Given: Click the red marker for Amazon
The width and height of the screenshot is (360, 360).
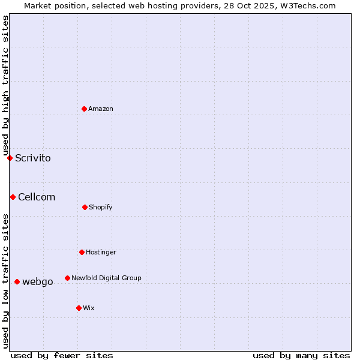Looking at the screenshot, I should pyautogui.click(x=85, y=109).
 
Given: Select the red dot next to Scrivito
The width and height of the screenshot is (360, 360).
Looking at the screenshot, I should pyautogui.click(x=10, y=158).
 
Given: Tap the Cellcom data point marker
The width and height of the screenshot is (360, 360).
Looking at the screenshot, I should pyautogui.click(x=13, y=197).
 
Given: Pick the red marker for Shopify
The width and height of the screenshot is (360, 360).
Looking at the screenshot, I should pyautogui.click(x=85, y=207).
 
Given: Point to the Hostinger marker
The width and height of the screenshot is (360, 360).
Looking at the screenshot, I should pyautogui.click(x=82, y=252).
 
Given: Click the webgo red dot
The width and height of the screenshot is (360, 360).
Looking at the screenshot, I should pyautogui.click(x=17, y=281).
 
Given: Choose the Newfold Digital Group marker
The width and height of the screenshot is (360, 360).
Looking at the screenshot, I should pyautogui.click(x=67, y=278).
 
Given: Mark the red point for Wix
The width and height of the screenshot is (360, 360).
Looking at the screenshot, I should pyautogui.click(x=79, y=308).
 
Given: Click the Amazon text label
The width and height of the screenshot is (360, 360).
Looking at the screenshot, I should pyautogui.click(x=101, y=109).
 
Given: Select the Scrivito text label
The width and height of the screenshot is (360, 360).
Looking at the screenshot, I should pyautogui.click(x=33, y=158).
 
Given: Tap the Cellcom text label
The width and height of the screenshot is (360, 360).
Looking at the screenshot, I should pyautogui.click(x=37, y=197).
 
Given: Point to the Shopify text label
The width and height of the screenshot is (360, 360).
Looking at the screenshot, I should pyautogui.click(x=101, y=207).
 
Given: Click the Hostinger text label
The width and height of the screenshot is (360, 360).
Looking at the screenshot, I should pyautogui.click(x=101, y=252).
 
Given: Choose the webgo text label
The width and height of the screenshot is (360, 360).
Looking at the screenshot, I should pyautogui.click(x=38, y=282).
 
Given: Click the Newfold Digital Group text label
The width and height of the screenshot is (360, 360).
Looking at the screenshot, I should pyautogui.click(x=106, y=278).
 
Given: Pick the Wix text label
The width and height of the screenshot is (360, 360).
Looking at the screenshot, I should pyautogui.click(x=89, y=308).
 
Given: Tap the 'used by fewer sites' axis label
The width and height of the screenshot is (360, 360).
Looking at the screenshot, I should pyautogui.click(x=62, y=355).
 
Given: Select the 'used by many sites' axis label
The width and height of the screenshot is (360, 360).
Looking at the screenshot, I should pyautogui.click(x=301, y=355).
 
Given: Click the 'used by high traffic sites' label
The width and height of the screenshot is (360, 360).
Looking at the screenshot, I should pyautogui.click(x=5, y=85).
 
